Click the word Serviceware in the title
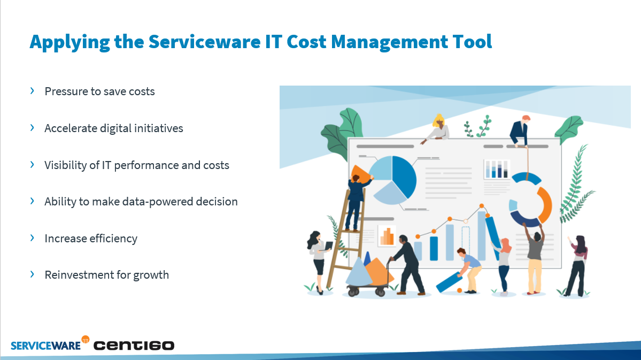(204, 42)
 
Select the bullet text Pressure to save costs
(100, 91)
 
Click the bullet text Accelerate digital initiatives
(114, 128)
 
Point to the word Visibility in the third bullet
(66, 165)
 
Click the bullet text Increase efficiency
(91, 239)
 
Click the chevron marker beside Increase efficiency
(32, 238)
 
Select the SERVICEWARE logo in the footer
(46, 346)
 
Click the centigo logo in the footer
(134, 346)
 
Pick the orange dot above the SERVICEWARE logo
(86, 339)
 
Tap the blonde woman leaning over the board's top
(437, 128)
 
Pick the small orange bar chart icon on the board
(387, 236)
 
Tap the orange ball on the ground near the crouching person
(459, 290)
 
